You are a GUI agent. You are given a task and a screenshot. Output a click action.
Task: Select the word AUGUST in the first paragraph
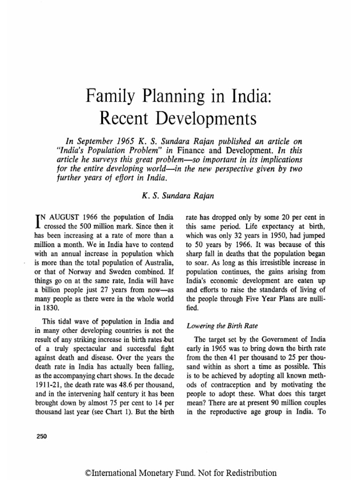60,217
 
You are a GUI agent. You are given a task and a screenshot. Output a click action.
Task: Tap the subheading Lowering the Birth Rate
216,325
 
